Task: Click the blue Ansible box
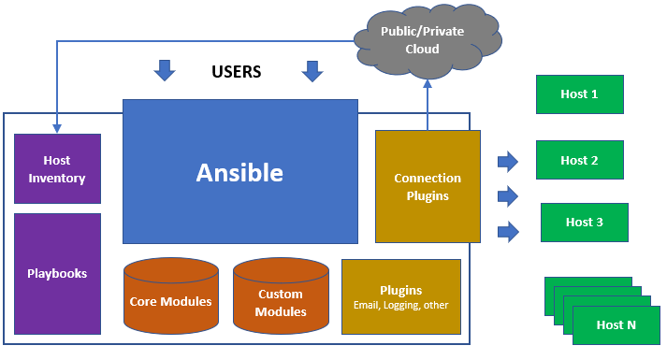(x=240, y=171)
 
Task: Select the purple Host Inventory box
(x=57, y=169)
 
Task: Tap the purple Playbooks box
(x=57, y=273)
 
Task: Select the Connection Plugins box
(x=428, y=186)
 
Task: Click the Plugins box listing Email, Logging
(x=400, y=296)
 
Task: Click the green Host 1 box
(x=579, y=94)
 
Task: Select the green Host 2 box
(x=579, y=160)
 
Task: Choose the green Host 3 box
(x=584, y=222)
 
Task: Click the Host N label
(x=616, y=325)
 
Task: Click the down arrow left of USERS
(x=165, y=70)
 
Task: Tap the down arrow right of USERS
(x=312, y=70)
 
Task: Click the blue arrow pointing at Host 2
(x=508, y=162)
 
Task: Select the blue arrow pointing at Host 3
(x=508, y=230)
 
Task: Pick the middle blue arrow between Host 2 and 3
(x=508, y=195)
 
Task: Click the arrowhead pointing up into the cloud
(x=428, y=82)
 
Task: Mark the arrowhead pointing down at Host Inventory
(x=57, y=127)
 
